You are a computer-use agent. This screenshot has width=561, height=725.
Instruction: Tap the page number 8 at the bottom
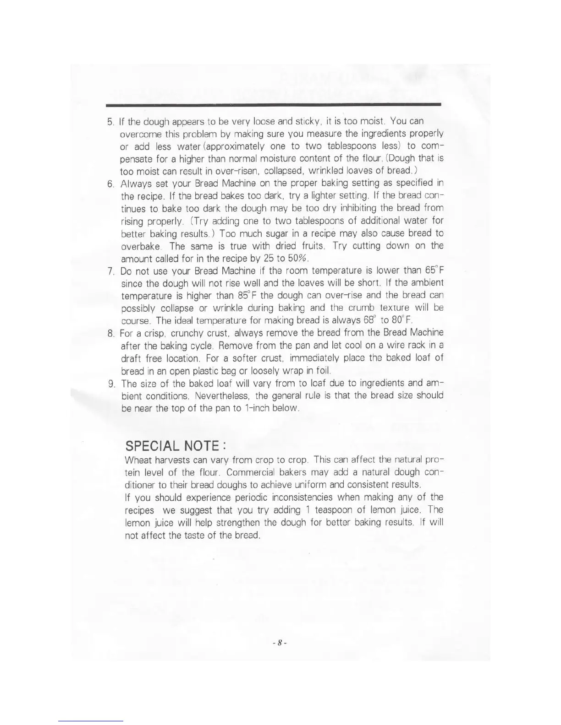tap(279, 643)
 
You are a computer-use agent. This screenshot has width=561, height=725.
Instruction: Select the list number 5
tap(110, 122)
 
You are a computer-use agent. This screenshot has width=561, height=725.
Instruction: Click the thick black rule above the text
tap(273, 105)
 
